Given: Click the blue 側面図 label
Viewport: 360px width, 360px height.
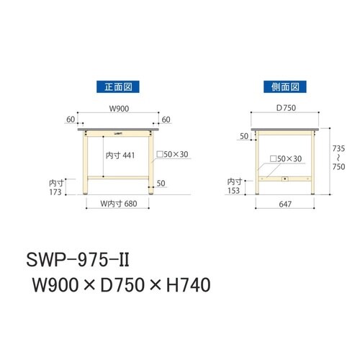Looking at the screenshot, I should point(284,87).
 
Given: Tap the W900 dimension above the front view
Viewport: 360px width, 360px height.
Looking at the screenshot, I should point(119,110).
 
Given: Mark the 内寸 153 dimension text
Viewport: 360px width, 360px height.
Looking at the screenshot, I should point(234,186).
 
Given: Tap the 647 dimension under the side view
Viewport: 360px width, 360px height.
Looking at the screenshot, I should point(284,204).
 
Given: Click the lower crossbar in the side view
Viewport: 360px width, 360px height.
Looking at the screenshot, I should point(284,178).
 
